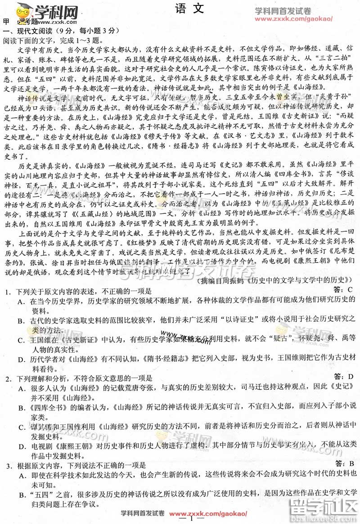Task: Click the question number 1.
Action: (8, 292)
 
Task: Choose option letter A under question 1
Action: (21, 302)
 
